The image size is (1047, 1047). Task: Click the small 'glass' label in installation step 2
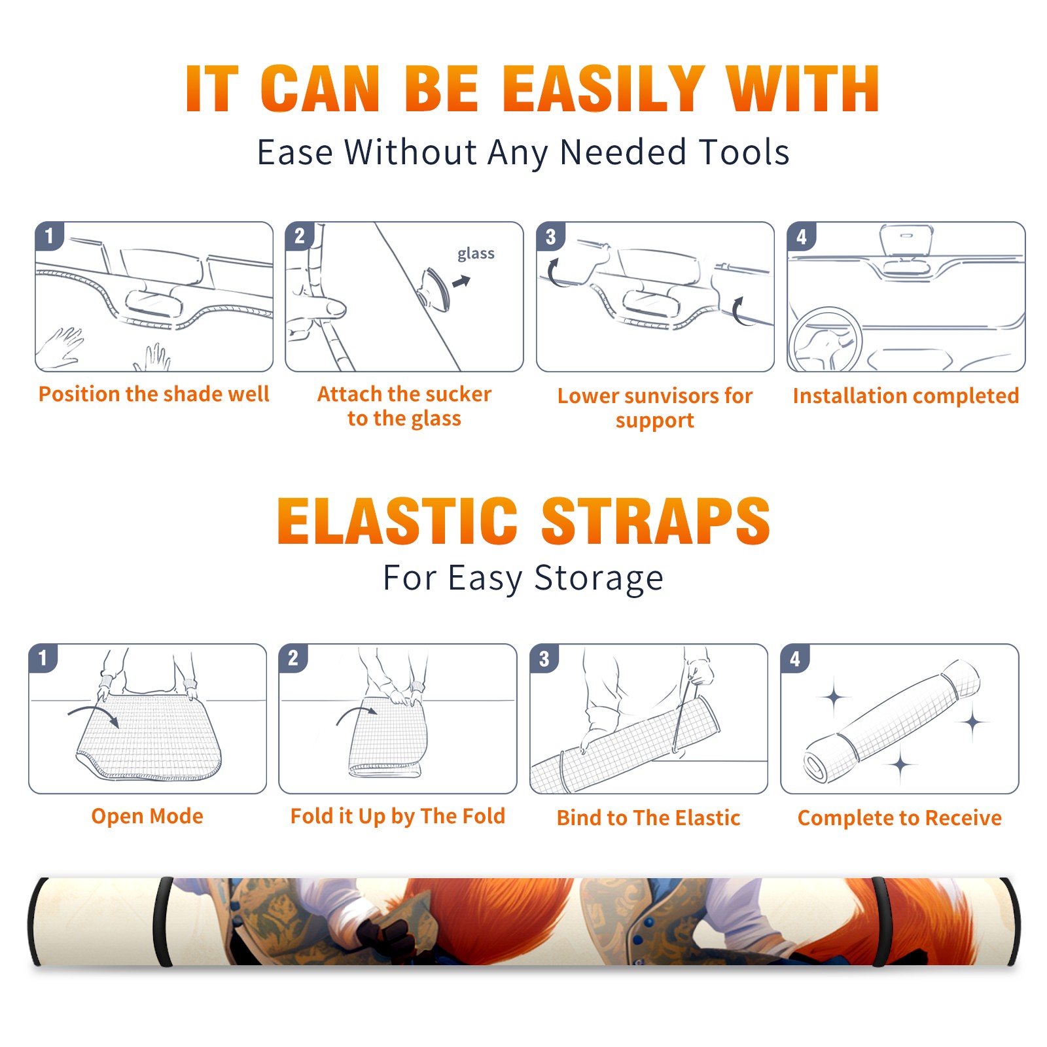pos(476,254)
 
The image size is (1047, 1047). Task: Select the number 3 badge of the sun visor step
pos(550,236)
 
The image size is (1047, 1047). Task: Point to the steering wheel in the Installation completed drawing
pos(825,340)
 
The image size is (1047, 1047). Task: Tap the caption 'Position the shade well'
pos(154,394)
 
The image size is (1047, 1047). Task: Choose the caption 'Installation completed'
pos(906,396)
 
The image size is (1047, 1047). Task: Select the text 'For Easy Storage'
pos(523,578)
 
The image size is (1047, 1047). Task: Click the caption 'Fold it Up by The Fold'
pos(398,817)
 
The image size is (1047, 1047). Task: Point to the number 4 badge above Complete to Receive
pos(795,658)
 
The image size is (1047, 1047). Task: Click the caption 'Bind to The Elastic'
pos(648,818)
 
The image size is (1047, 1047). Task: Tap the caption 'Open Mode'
pos(147,816)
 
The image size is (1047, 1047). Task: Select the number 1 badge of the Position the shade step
pos(49,236)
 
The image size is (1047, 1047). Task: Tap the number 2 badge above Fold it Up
pos(293,658)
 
